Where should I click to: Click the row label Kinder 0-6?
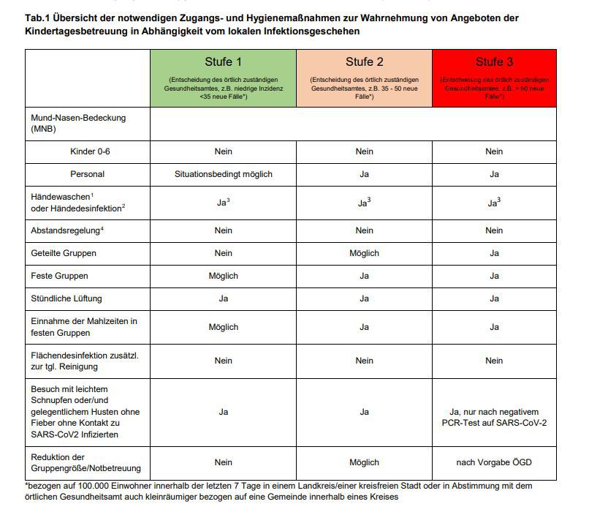87,151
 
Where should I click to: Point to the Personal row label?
87,174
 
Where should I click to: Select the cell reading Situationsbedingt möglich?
223,174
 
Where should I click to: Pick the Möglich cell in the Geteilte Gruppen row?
364,253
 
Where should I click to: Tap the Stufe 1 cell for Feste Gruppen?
223,276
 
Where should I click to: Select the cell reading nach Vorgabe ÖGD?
494,462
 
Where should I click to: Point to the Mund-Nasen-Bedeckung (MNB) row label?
78,123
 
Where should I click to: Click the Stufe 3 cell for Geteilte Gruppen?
494,253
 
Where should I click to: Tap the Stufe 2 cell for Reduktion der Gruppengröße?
364,462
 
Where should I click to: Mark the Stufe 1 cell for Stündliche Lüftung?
223,298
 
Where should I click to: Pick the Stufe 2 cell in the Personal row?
364,174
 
